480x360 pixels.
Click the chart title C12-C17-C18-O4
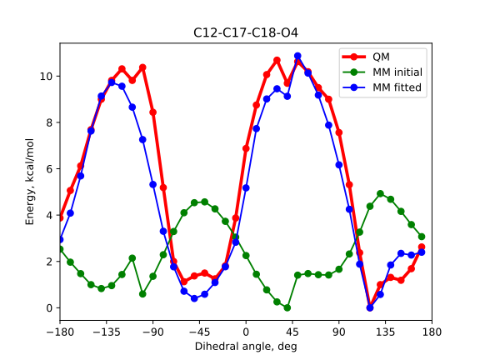(246, 34)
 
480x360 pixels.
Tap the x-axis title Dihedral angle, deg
(246, 346)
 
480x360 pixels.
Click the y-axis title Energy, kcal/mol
(30, 181)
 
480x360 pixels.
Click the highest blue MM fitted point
(297, 57)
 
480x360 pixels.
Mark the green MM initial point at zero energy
(287, 307)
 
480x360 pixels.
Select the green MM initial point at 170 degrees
(422, 237)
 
